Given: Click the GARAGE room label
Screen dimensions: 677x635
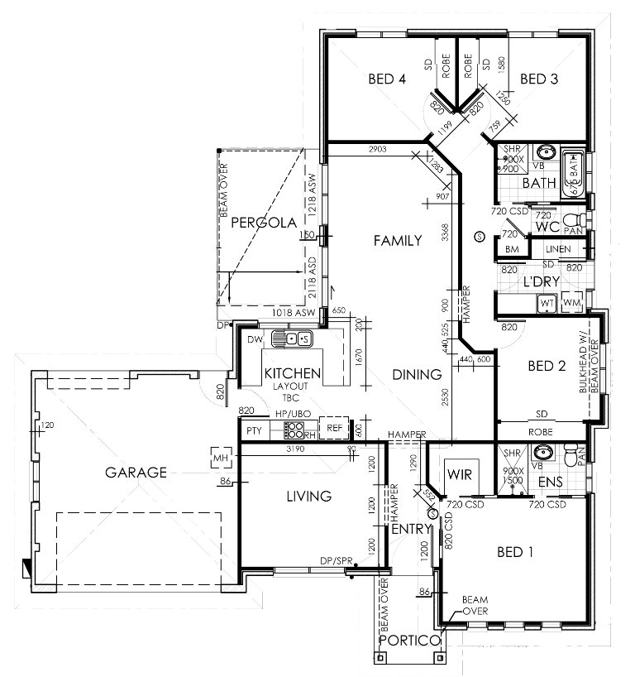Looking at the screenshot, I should tap(136, 473).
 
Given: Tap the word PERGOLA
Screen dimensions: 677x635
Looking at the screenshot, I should tap(259, 222).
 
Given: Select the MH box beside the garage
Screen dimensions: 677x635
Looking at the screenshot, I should tap(220, 457).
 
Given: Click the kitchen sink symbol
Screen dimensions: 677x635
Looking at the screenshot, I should tap(295, 338).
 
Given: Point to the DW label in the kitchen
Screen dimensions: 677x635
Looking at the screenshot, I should tap(255, 338).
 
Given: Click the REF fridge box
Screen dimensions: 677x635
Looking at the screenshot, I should tap(334, 428).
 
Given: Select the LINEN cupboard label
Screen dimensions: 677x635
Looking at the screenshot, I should tap(559, 249).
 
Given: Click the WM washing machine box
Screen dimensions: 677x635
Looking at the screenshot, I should tap(571, 304).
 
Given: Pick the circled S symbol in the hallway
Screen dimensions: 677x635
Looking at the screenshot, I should tap(479, 238).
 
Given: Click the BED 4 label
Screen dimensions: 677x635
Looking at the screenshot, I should tap(386, 79).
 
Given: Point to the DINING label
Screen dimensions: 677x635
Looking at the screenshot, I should tap(417, 374).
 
